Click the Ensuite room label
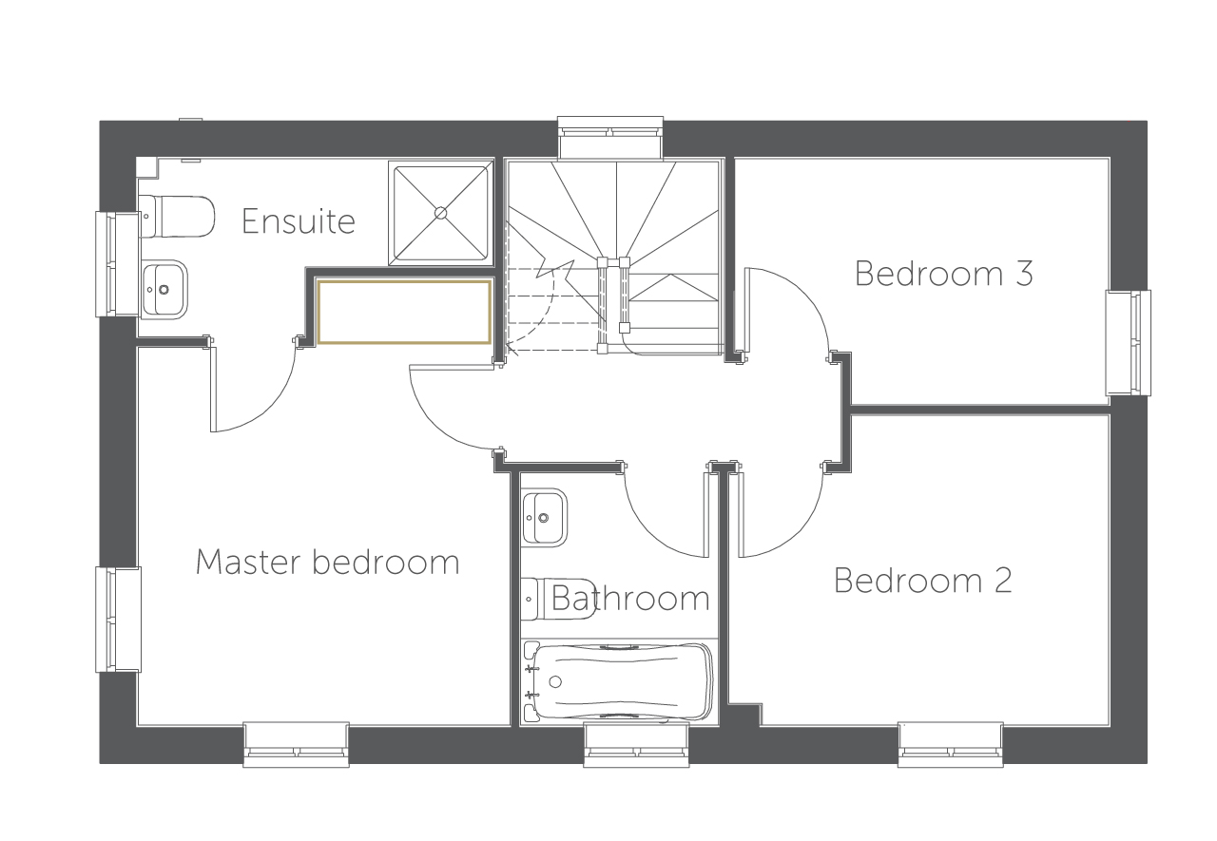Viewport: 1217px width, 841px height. pos(299,221)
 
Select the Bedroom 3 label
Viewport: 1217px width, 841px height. pos(944,273)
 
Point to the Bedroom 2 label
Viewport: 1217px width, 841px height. pos(922,581)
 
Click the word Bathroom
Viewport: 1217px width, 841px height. pos(630,598)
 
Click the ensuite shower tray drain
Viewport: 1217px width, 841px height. pos(440,214)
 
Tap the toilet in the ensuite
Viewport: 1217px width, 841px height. pos(177,217)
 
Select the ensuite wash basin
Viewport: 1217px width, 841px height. pos(164,290)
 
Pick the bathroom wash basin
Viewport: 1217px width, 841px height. pos(545,517)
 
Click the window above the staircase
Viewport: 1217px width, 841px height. pos(610,138)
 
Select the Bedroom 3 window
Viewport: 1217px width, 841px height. pos(1128,343)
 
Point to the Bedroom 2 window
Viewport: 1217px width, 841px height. pos(950,744)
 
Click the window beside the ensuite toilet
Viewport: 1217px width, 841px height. pos(118,264)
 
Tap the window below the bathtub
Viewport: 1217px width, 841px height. pos(636,744)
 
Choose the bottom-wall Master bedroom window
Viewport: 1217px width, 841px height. pos(296,744)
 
